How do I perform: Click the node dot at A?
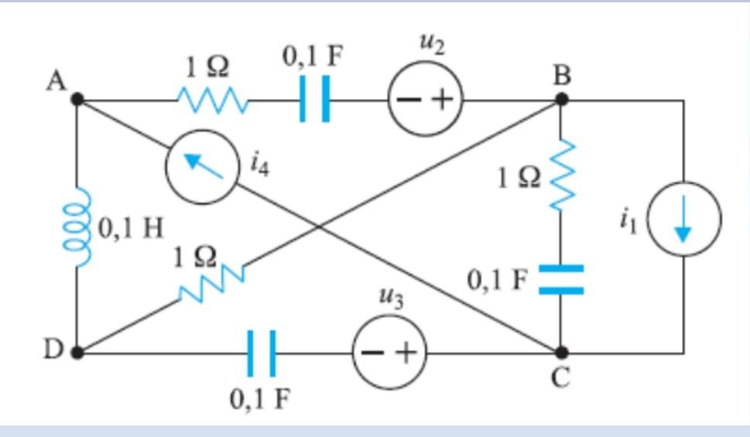pos(77,100)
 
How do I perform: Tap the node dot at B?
pos(562,100)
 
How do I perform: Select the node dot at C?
pos(562,352)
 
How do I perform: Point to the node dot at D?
pos(77,352)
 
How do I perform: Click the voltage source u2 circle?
pos(425,101)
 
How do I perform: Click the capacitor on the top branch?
pos(316,100)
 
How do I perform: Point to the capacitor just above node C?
pos(561,280)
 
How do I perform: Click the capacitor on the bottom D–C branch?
pos(262,353)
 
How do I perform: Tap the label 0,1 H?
pos(129,230)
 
